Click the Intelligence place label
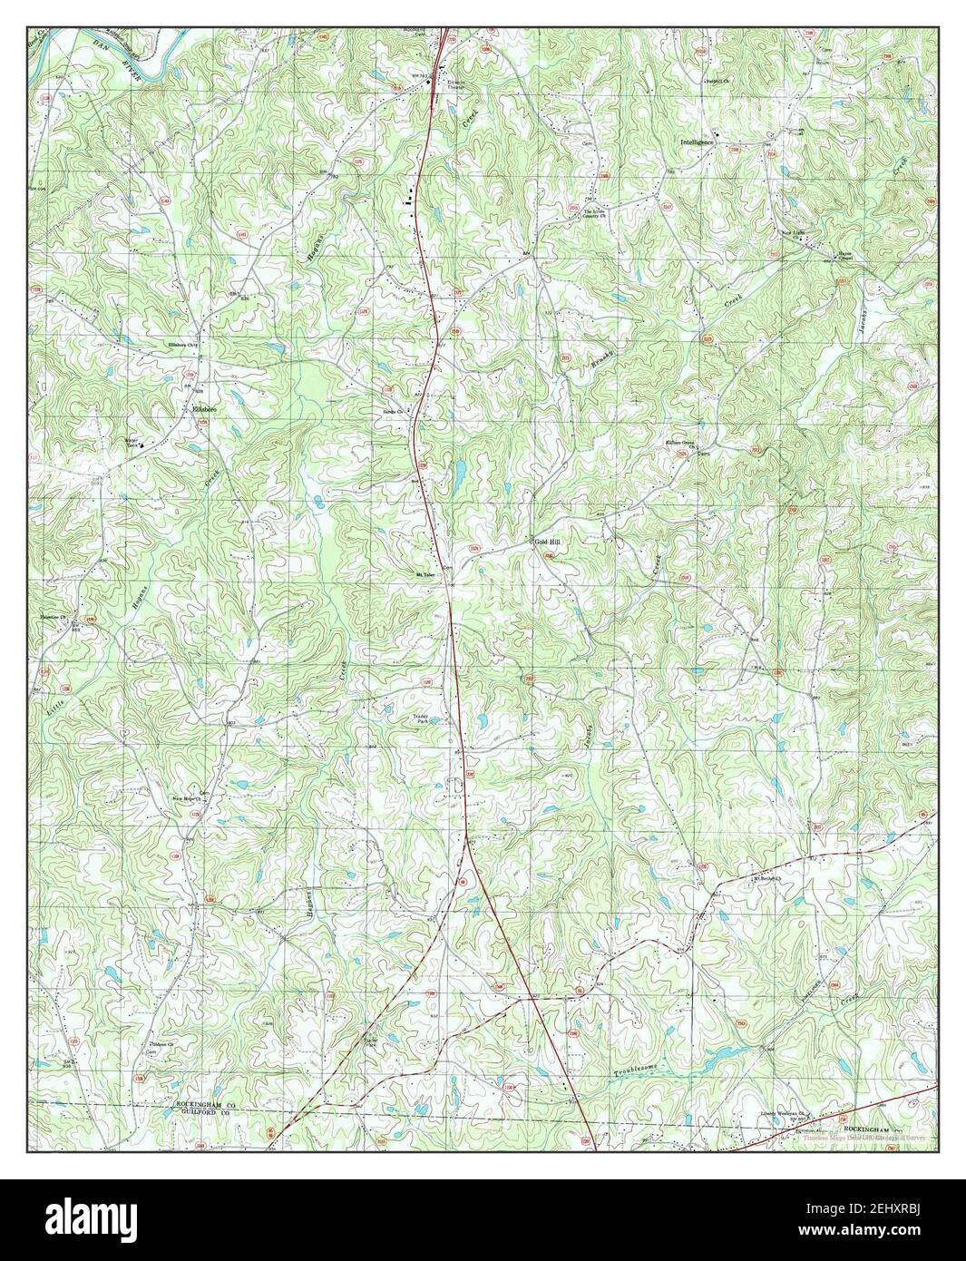704,142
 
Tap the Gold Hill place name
548,542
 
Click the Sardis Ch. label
393,410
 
